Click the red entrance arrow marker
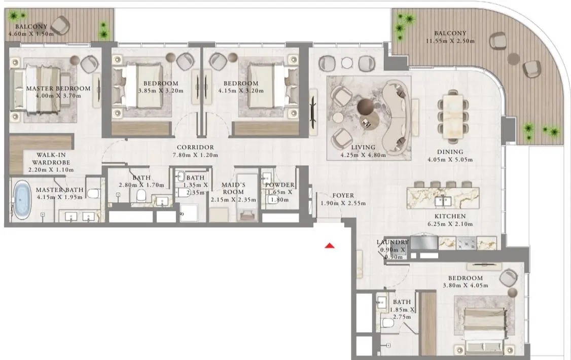click(x=330, y=246)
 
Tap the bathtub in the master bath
click(x=22, y=199)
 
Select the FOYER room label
click(x=343, y=196)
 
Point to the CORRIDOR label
click(x=195, y=148)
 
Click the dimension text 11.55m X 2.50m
click(x=450, y=41)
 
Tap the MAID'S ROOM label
click(x=233, y=188)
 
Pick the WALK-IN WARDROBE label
click(x=51, y=159)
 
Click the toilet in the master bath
click(x=94, y=193)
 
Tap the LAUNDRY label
click(x=392, y=242)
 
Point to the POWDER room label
click(x=280, y=185)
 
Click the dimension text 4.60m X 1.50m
click(x=31, y=34)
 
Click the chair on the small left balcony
click(x=60, y=25)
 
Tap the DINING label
click(x=450, y=152)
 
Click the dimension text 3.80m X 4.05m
click(x=466, y=285)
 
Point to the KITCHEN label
click(x=450, y=216)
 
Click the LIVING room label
click(x=363, y=148)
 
